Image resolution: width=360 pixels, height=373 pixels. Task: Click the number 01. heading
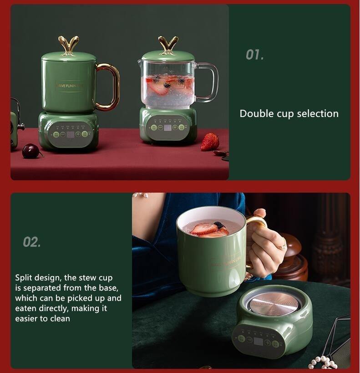pos(254,55)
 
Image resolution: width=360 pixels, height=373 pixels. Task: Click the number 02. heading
pos(32,242)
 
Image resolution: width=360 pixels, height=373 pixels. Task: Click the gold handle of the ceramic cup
pos(111,87)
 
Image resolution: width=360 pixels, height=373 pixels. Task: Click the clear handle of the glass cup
pos(209,82)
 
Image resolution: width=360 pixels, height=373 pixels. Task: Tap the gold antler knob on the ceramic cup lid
pos(68,45)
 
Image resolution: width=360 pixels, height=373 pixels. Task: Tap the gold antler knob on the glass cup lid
pos(168,44)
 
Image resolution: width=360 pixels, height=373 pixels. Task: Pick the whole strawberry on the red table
pos(210,142)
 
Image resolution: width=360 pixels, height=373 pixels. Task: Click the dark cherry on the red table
pos(31,151)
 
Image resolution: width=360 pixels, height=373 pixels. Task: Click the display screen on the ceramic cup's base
pos(70,134)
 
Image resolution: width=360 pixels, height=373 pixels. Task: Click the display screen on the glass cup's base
pos(167,128)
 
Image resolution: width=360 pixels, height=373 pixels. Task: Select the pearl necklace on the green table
pos(324,362)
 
